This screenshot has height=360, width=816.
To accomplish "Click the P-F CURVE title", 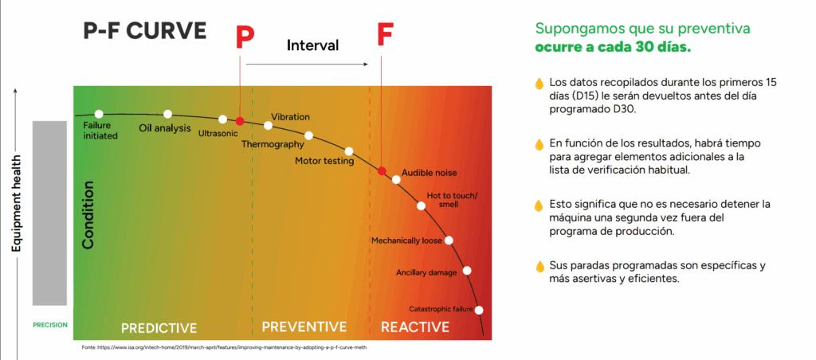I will click(144, 31).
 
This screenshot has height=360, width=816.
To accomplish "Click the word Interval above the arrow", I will click(312, 45).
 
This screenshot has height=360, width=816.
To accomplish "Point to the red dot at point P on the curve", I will click(239, 121).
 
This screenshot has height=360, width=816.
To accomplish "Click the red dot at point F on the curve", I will click(382, 171).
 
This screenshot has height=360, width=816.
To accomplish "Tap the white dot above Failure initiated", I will click(99, 114).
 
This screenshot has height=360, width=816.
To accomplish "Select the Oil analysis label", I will click(165, 127).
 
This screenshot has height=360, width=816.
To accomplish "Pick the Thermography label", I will click(273, 144).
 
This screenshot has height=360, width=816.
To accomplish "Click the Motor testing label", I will click(324, 161).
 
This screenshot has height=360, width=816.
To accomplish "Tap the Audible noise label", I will click(429, 172).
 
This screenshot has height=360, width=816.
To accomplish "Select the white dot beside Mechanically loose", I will click(449, 241).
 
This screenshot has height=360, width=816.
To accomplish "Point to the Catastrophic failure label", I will click(441, 308).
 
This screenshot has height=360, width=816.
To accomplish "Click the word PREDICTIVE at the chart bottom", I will click(159, 327).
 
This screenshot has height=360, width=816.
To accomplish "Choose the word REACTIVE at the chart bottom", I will click(414, 327).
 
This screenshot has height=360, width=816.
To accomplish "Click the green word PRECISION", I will click(50, 325).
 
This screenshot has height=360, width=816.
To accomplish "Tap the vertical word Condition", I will click(88, 215).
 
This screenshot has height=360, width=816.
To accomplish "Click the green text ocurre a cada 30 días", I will click(613, 48).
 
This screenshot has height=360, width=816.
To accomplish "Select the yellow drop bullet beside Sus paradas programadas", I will click(539, 265).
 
